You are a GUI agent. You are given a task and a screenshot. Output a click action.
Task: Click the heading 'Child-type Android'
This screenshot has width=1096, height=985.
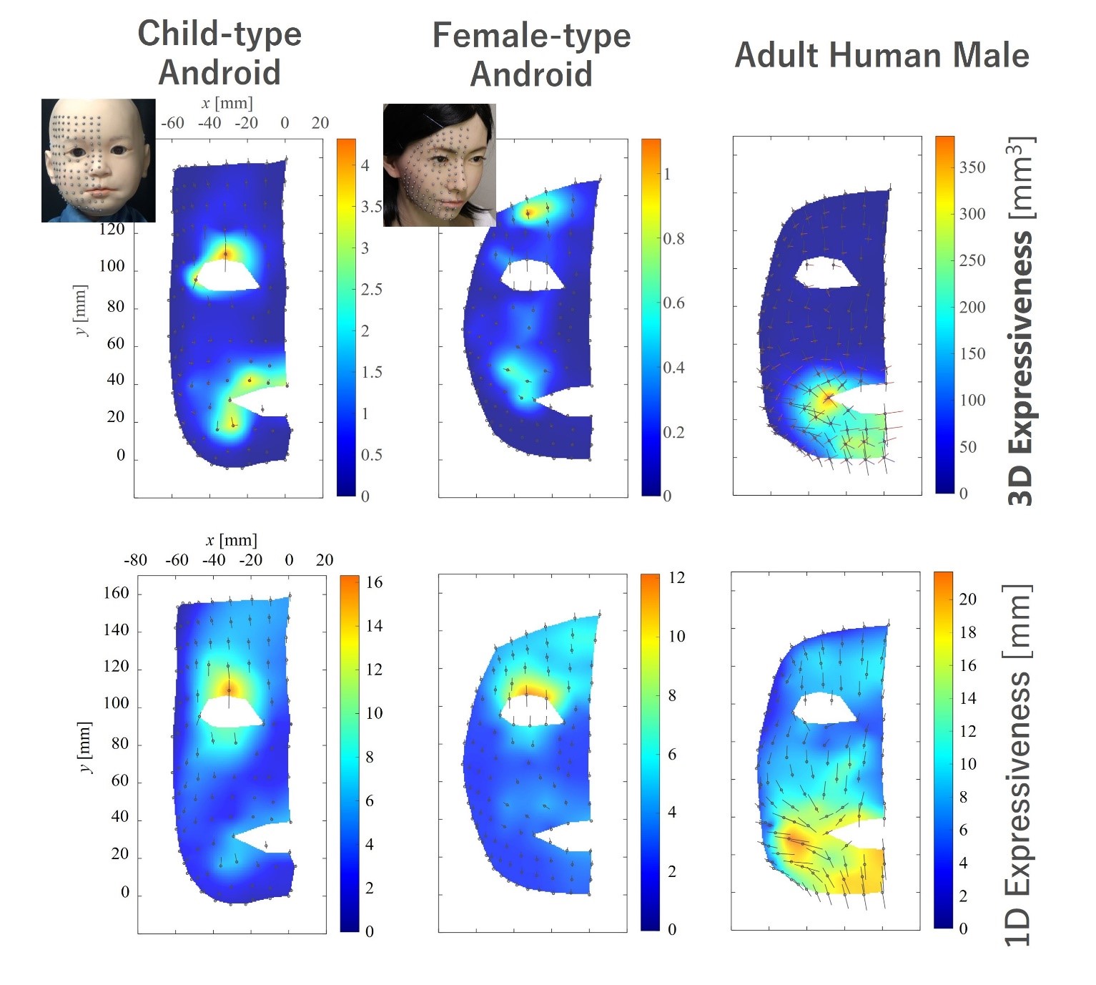point(219,53)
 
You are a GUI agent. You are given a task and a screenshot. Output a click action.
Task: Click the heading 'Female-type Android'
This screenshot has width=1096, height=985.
point(531,54)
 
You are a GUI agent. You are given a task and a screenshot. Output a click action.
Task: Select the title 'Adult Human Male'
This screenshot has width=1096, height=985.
point(882,56)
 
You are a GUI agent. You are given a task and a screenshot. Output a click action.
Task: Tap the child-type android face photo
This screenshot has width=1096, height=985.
point(98,160)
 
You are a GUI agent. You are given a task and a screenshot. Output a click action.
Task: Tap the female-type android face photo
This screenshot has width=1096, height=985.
point(439,165)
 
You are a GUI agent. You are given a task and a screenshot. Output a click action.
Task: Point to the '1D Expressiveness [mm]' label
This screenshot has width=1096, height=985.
point(1018,765)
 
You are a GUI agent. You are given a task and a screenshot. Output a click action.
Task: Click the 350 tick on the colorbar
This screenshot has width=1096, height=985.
point(972,167)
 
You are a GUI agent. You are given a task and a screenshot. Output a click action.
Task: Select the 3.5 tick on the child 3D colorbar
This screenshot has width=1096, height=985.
point(371,207)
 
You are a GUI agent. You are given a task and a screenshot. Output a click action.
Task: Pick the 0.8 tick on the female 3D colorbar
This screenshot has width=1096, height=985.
point(673,239)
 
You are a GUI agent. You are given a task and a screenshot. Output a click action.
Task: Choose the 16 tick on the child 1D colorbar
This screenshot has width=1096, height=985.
point(374,582)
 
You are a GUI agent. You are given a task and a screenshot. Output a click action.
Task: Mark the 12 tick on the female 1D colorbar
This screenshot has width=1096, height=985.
point(676,578)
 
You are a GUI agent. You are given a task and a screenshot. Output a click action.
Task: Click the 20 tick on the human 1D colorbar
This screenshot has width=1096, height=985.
point(967,599)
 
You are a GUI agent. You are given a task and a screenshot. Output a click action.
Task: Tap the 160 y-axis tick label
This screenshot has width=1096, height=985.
point(116,593)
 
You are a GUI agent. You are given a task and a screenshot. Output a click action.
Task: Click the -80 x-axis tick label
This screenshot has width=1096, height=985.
point(135,560)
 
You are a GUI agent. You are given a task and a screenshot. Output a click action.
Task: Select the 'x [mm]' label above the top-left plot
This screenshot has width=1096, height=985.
point(227,103)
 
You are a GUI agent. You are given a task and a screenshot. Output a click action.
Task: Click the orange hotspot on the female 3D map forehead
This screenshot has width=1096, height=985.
point(529,212)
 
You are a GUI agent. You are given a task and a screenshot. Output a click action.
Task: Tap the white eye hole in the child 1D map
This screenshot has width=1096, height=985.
point(231,713)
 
